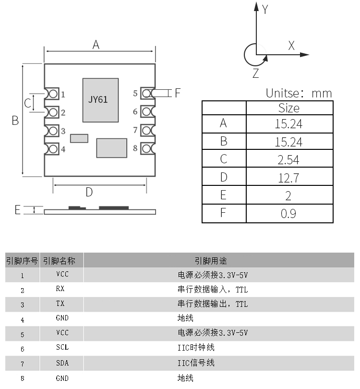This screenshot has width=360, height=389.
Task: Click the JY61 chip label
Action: (x=98, y=100)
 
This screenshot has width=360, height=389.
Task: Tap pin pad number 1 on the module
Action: (x=52, y=94)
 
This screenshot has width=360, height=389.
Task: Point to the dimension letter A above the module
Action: (x=96, y=45)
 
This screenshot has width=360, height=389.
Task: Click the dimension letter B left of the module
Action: (x=15, y=121)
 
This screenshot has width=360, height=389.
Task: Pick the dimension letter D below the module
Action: (x=89, y=193)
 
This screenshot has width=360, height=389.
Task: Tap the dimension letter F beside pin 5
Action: (x=178, y=93)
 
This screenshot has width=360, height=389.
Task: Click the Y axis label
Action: (x=265, y=9)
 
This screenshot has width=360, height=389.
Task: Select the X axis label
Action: (x=291, y=46)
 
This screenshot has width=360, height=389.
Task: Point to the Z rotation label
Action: (x=255, y=73)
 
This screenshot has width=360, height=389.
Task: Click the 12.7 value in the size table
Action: (x=288, y=178)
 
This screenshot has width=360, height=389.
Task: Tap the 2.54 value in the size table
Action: (x=288, y=160)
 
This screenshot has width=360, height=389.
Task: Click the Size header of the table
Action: (x=288, y=108)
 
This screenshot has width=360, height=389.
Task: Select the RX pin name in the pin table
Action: (x=60, y=289)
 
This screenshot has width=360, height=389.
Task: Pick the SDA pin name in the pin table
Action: (x=62, y=363)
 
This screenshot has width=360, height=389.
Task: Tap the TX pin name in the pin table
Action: (x=60, y=304)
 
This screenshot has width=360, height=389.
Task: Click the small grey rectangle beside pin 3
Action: (x=79, y=138)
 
